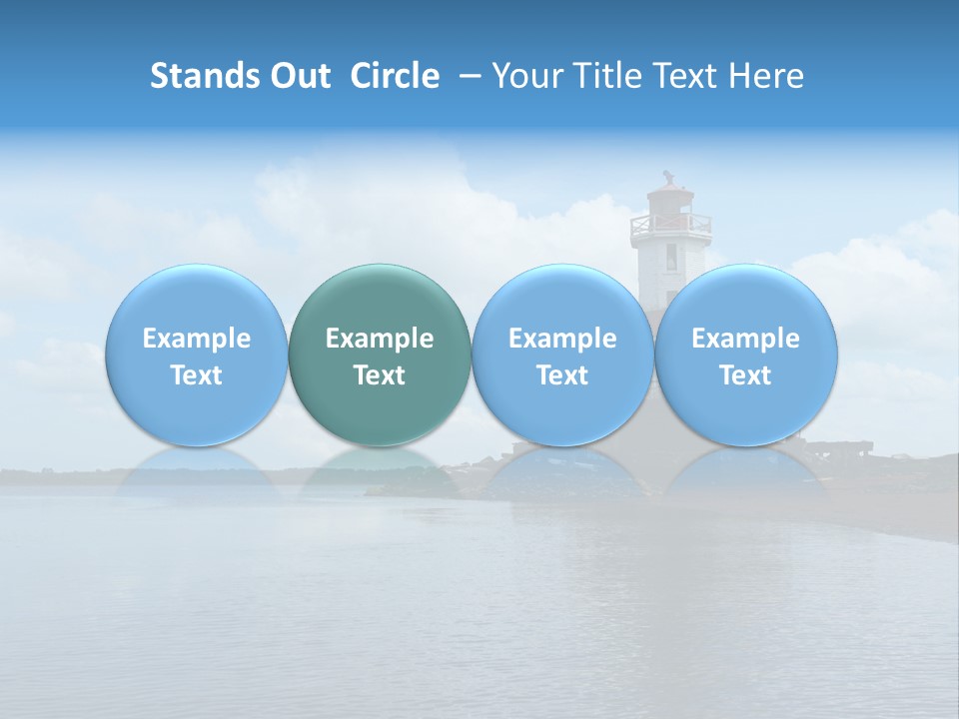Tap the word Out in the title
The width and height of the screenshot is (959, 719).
point(297,76)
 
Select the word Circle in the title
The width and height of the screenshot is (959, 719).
point(395,76)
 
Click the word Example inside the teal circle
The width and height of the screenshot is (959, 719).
point(380,339)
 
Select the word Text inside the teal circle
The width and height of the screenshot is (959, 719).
point(380,375)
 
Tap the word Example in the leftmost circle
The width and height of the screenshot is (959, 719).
point(196,339)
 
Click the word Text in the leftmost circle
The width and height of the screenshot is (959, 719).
point(196,375)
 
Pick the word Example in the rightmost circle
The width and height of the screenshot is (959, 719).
point(745,339)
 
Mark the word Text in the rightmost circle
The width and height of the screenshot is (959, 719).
point(745,375)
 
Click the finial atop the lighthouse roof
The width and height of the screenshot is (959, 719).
point(668,177)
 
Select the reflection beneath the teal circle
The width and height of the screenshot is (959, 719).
point(380,469)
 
